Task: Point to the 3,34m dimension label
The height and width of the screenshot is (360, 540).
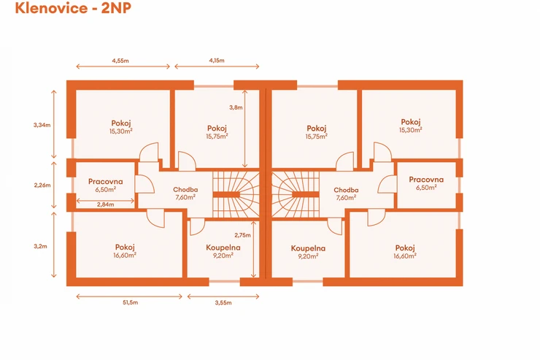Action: (x=42, y=125)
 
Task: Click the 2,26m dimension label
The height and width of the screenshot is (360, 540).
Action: (x=42, y=185)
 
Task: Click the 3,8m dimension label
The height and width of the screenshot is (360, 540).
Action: (x=236, y=108)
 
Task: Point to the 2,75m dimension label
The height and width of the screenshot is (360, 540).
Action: (x=242, y=235)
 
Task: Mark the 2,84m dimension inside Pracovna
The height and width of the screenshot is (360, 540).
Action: (x=106, y=204)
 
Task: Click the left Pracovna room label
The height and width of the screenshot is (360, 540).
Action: (x=106, y=181)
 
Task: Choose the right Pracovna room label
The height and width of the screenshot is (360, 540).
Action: (x=426, y=180)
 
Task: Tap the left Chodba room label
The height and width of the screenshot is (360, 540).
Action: (x=185, y=190)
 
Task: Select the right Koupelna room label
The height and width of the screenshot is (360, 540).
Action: (x=308, y=248)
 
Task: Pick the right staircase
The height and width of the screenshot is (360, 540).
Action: (x=295, y=195)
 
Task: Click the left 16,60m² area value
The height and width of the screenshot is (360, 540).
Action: (x=126, y=256)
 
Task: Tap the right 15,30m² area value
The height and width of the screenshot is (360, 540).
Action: (x=411, y=130)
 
